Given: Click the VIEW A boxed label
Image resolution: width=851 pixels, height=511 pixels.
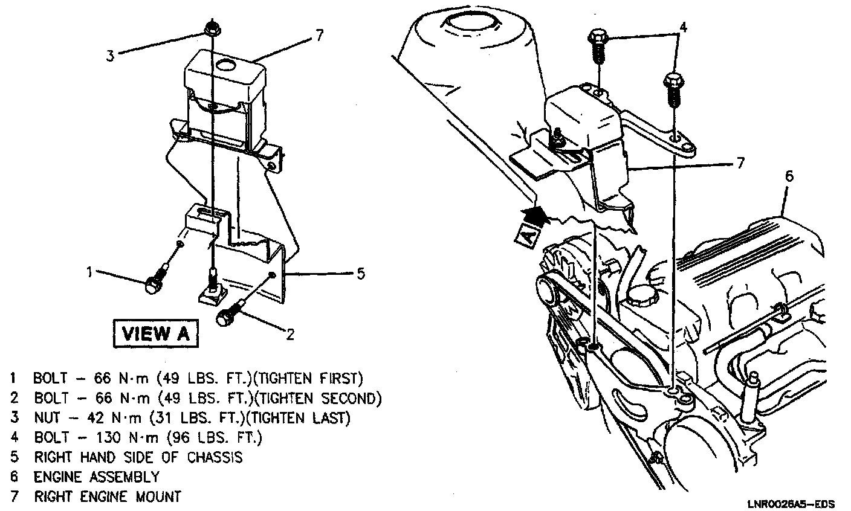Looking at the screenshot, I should (x=155, y=333).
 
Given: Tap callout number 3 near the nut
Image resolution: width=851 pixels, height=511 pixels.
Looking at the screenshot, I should (x=110, y=56).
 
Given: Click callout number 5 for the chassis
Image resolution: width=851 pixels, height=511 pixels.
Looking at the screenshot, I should (x=360, y=274).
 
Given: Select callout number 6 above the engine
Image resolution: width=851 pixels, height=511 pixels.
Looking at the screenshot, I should (x=789, y=176).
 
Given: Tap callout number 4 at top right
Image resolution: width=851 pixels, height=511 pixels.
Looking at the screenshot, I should (x=682, y=27).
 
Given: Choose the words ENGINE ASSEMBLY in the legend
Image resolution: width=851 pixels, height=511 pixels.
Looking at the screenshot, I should (x=96, y=477).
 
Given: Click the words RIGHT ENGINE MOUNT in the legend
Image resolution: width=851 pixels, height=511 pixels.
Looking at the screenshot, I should (x=107, y=497).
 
